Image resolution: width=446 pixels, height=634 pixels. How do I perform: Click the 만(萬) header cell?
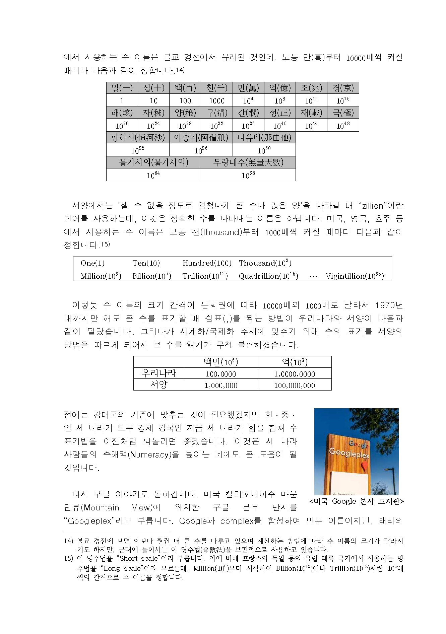pyautogui.click(x=248, y=88)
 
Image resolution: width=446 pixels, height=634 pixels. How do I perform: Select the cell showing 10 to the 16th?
pyautogui.click(x=343, y=100)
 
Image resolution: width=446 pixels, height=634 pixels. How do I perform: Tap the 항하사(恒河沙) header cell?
pyautogui.click(x=138, y=137)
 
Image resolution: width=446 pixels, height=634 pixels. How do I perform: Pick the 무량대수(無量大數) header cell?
pyautogui.click(x=248, y=162)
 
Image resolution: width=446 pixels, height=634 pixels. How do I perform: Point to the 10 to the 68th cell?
pyautogui.click(x=248, y=175)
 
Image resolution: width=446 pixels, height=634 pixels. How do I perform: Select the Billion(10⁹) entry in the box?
pyautogui.click(x=151, y=276)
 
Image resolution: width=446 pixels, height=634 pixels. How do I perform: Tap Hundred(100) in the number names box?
pyautogui.click(x=207, y=263)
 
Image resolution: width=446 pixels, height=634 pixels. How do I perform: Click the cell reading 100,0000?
pyautogui.click(x=220, y=374)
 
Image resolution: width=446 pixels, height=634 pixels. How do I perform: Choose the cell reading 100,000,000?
pyautogui.click(x=294, y=385)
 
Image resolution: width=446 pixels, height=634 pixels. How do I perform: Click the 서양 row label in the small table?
pyautogui.click(x=158, y=385)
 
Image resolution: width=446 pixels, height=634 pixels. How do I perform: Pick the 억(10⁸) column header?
pyautogui.click(x=294, y=362)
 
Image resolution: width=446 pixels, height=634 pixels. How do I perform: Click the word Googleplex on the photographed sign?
pyautogui.click(x=349, y=453)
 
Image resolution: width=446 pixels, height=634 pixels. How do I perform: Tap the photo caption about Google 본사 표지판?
pyautogui.click(x=357, y=501)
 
